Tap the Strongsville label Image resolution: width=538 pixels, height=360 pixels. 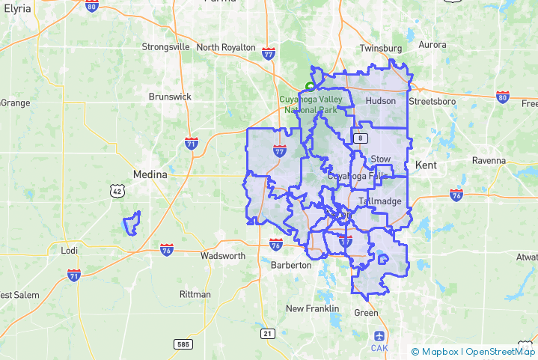(x=165, y=47)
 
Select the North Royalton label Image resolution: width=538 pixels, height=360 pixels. (x=226, y=47)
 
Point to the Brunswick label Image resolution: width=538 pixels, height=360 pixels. (x=170, y=97)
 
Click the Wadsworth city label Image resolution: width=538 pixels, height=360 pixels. (x=223, y=256)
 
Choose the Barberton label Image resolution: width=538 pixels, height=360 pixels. (x=290, y=265)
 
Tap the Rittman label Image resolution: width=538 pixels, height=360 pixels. (x=196, y=294)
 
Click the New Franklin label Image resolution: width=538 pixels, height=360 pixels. (x=313, y=308)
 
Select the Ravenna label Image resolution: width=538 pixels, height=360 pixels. (x=489, y=161)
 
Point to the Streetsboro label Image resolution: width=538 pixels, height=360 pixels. (x=432, y=101)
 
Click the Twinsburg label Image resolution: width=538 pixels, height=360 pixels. (x=381, y=48)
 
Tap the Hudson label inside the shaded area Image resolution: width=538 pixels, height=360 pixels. (x=380, y=101)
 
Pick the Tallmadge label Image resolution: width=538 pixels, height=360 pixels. (x=380, y=201)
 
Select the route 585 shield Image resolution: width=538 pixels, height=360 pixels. (x=183, y=344)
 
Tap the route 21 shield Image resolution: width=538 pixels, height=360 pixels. (x=267, y=332)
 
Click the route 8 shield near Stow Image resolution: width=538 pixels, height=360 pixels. (x=361, y=138)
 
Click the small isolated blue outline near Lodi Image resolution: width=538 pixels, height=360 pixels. (x=132, y=223)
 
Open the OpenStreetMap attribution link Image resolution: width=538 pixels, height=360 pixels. (x=499, y=351)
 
